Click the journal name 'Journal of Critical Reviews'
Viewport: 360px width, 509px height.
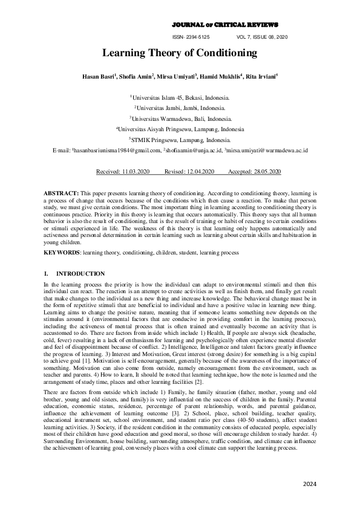click(x=225, y=25)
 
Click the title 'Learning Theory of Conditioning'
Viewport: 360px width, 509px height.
click(x=179, y=53)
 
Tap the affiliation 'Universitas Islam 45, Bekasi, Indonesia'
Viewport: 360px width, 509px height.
click(x=180, y=97)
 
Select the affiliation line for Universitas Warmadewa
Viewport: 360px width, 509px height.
click(x=180, y=118)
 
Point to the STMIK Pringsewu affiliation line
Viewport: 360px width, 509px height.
click(x=180, y=139)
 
